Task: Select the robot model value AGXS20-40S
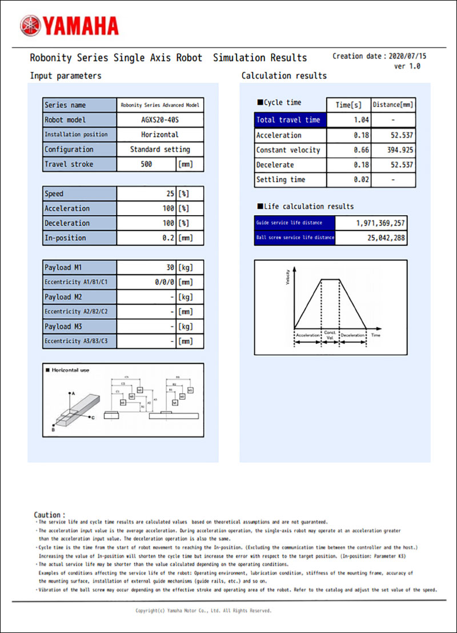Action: pyautogui.click(x=160, y=120)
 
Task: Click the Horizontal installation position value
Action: pyautogui.click(x=160, y=135)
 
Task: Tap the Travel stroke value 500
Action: pyautogui.click(x=146, y=164)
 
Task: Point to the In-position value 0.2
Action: pyautogui.click(x=167, y=238)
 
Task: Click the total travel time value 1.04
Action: pyautogui.click(x=361, y=120)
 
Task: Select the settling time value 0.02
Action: pyautogui.click(x=361, y=180)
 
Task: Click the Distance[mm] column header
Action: pyautogui.click(x=393, y=105)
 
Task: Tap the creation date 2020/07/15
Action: pyautogui.click(x=407, y=57)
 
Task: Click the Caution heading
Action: pyautogui.click(x=49, y=515)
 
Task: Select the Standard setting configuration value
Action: pyautogui.click(x=160, y=150)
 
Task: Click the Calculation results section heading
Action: pyautogui.click(x=284, y=76)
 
